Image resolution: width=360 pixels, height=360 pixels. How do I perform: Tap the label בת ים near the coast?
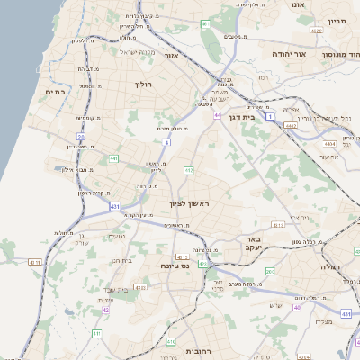(x=56, y=92)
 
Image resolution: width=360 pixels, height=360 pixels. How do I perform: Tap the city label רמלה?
(x=334, y=267)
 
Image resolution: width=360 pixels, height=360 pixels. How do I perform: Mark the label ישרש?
(x=276, y=305)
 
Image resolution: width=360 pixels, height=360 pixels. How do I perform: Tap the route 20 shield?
(x=81, y=137)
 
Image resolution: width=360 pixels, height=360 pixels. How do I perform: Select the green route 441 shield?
(x=113, y=158)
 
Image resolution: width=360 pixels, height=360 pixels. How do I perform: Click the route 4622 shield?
(x=316, y=31)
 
